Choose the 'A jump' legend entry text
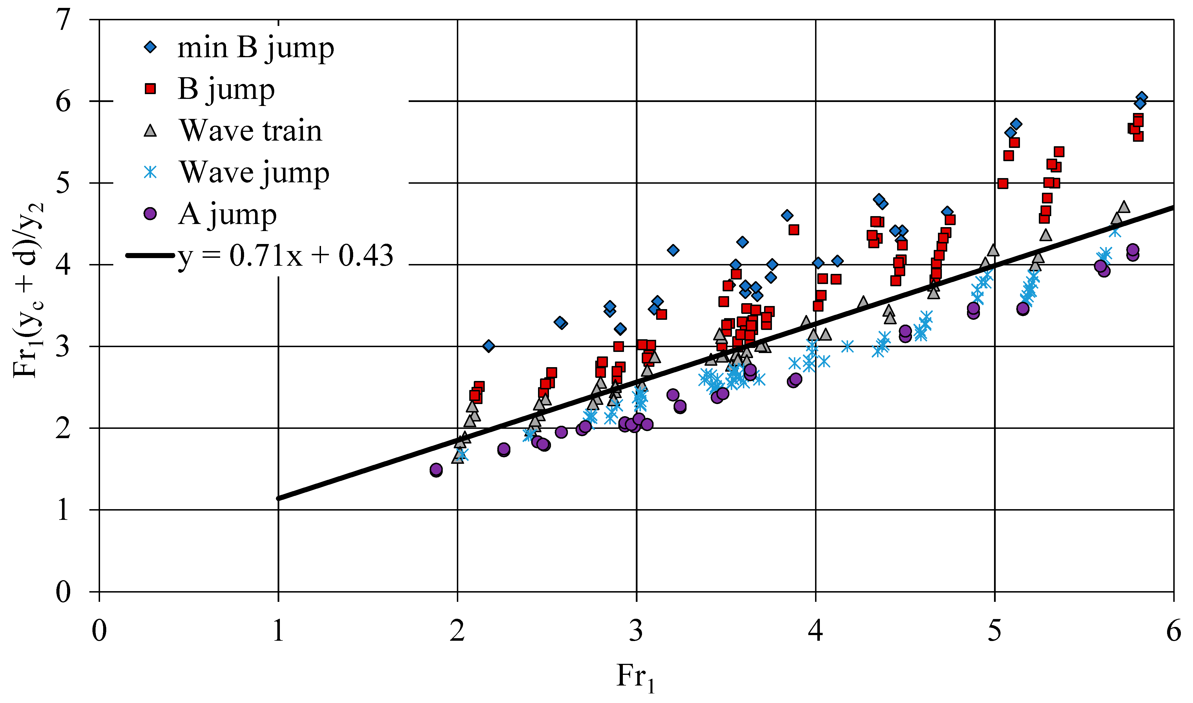point(227,215)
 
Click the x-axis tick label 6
point(1173,631)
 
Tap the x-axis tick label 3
point(636,631)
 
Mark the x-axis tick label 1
point(278,631)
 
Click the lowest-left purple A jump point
point(436,470)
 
